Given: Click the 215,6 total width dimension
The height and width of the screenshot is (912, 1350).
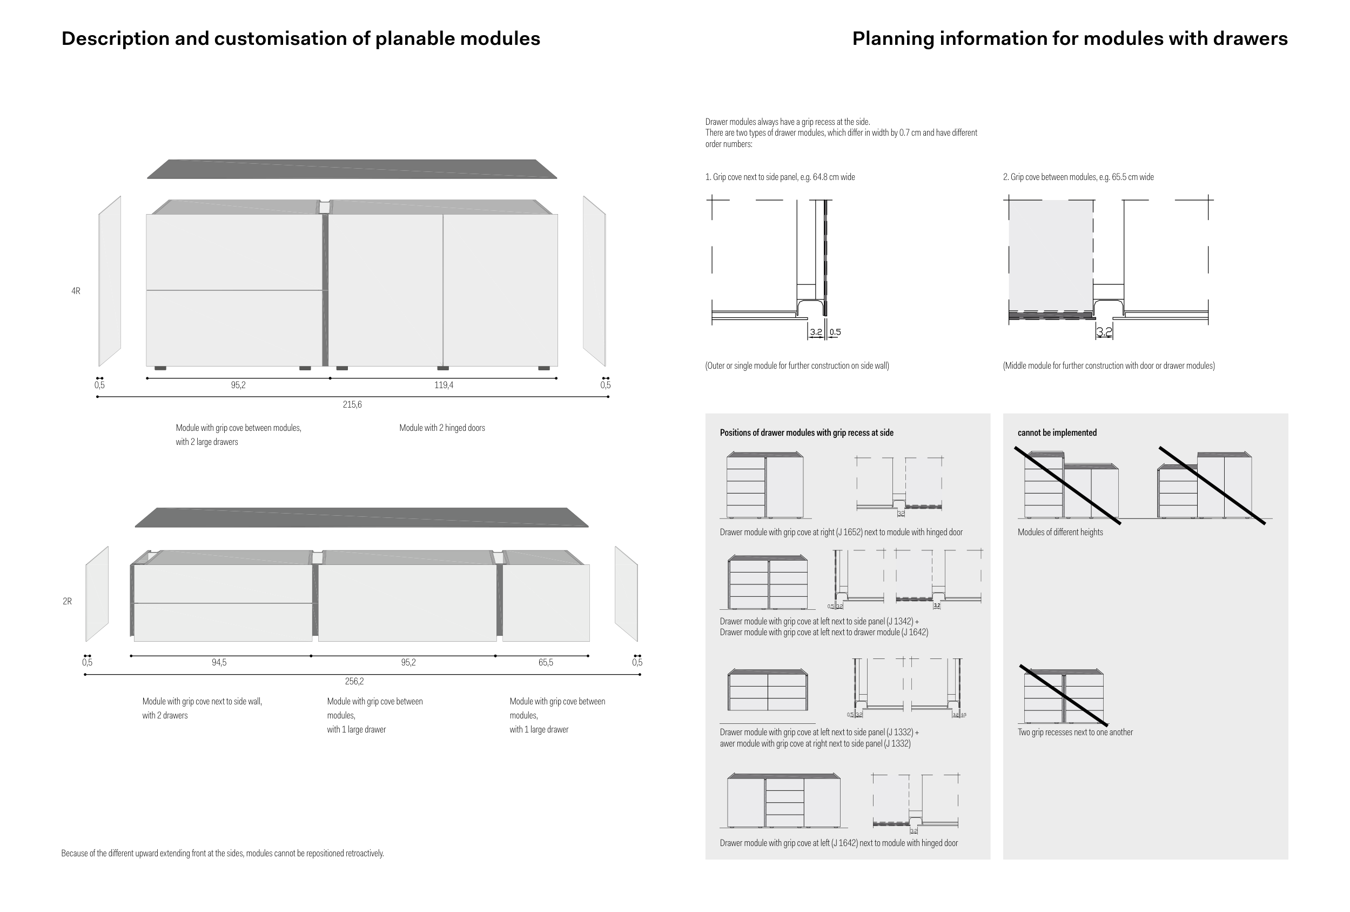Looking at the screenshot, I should coord(352,404).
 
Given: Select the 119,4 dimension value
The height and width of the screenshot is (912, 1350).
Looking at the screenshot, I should coord(444,385).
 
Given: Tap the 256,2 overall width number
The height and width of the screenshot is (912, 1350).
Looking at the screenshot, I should coord(354,681).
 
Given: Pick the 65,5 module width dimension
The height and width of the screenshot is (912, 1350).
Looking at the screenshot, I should coord(546,662).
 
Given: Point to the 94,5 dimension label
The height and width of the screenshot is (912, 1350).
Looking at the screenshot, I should coord(219,662).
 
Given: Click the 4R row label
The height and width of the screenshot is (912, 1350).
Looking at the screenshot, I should coord(76,291).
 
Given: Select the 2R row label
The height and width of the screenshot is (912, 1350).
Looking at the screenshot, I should coord(68,601).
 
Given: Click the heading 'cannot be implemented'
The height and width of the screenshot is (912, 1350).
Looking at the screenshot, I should coord(1057,432).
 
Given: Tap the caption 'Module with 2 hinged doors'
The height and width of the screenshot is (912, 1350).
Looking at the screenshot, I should coord(442,428).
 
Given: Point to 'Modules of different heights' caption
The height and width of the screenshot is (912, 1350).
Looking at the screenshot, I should coord(1060,532).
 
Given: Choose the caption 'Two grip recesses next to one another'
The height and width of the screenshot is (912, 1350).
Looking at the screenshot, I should coord(1074,732).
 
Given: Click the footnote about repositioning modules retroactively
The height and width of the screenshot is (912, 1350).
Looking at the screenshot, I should coord(223,853).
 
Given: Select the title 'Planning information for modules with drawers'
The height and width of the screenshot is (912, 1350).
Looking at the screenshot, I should coord(1070,38).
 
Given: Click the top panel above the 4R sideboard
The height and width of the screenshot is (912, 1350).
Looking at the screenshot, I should coord(352,169).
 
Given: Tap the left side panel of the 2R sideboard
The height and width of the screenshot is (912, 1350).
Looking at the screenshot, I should coord(97,593).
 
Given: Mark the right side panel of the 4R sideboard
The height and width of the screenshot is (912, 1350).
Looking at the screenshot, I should coord(594,281).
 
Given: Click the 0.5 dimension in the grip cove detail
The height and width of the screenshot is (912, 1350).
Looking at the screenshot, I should coord(835,332).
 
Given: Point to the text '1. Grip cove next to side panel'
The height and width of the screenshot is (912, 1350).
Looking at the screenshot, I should coord(780,177).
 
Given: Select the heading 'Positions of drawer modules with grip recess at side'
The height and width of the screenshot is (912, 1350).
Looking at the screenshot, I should coord(807,432).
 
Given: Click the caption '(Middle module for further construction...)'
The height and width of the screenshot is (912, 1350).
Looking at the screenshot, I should coord(1109,365).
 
